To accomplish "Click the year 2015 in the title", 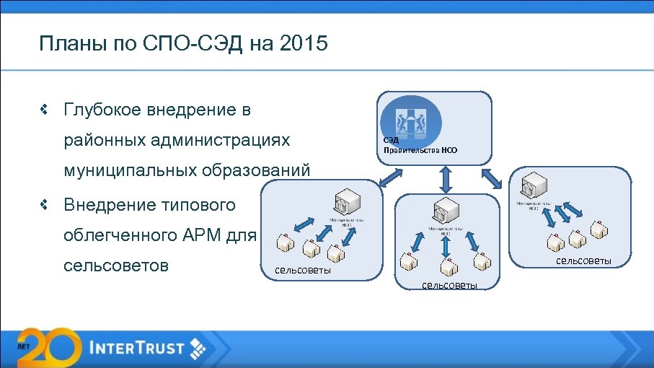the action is [x=304, y=45].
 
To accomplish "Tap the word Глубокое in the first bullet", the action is [x=101, y=110].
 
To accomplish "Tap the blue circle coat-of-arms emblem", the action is [x=411, y=117].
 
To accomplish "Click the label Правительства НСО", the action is [x=420, y=151].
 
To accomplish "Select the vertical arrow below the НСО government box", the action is [x=445, y=178].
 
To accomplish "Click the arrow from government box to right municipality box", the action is [x=495, y=178].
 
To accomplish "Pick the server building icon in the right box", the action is [x=534, y=186].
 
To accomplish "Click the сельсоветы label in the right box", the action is [x=583, y=260].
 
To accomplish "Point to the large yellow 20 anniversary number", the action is [x=47, y=347].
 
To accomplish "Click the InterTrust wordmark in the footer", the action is [x=138, y=347].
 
